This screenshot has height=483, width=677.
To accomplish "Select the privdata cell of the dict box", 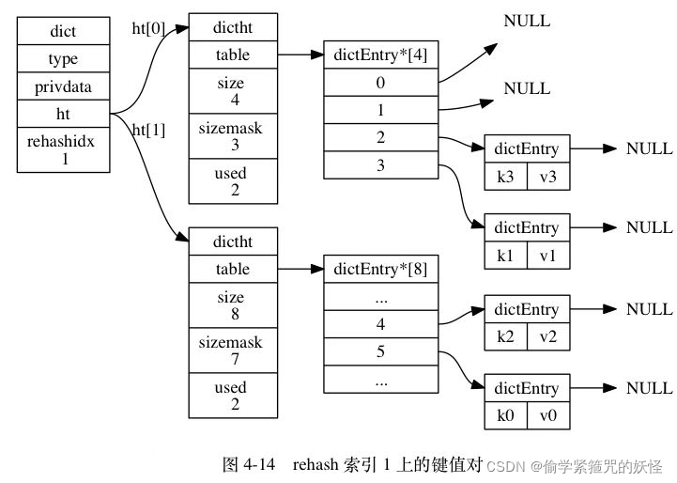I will point(63,86).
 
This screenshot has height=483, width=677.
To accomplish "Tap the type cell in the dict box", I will point(63,58).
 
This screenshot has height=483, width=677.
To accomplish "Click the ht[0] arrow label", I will point(148,28).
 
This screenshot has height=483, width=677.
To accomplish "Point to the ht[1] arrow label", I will point(148,130).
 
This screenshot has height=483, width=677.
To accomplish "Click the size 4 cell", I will point(232,91).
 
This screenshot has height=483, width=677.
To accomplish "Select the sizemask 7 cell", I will point(232,351).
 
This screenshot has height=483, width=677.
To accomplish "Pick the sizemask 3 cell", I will point(232,136).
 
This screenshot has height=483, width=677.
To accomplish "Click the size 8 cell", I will point(232,305).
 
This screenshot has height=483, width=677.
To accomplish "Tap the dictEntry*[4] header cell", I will point(380,55).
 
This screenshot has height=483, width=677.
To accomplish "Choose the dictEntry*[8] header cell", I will point(380,269).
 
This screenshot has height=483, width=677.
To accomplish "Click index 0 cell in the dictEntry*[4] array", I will point(380,83).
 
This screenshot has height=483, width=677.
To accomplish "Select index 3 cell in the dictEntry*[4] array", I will point(380,164).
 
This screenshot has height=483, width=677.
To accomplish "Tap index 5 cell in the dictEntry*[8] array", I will point(380,353).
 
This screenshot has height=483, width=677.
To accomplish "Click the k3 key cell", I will point(505,176).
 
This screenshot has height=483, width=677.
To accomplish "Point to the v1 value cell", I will point(547,254).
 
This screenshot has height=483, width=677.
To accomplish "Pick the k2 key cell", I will point(505,335).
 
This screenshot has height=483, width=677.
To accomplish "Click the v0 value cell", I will point(547,414).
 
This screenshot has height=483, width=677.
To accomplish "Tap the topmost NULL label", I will point(527,21).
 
